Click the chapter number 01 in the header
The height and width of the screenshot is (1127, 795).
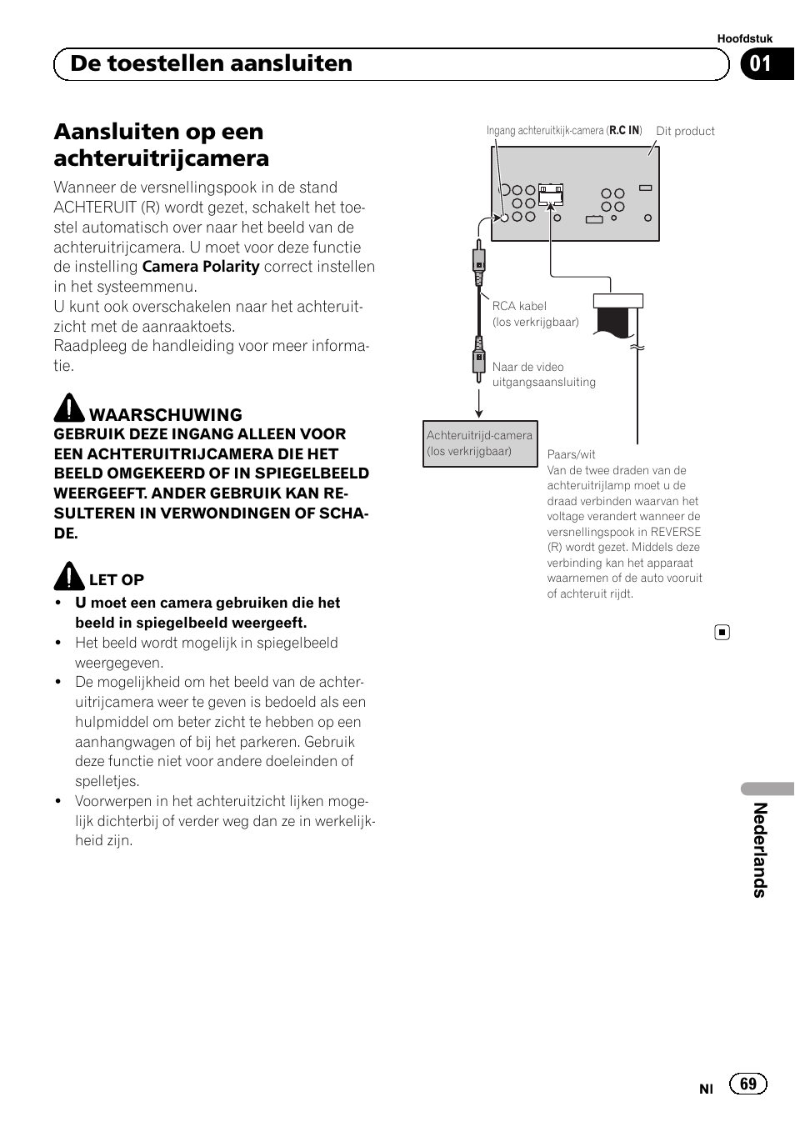760,64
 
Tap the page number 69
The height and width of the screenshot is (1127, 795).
747,1083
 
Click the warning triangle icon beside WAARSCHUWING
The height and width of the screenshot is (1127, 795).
69,408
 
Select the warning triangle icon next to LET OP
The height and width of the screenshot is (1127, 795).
69,576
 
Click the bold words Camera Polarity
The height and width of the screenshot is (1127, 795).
201,267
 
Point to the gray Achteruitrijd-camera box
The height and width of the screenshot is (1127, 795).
480,443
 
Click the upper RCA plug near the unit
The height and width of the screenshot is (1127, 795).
479,264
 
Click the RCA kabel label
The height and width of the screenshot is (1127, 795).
519,306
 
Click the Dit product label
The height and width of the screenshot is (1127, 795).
685,131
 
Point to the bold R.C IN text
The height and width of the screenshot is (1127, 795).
624,130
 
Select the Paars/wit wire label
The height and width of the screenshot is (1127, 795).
571,454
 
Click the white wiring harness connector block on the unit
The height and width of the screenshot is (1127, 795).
551,194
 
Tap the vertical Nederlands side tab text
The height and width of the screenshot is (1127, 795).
759,849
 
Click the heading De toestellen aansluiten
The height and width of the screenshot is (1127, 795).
211,64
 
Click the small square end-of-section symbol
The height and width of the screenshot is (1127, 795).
722,633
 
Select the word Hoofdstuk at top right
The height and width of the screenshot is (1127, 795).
744,38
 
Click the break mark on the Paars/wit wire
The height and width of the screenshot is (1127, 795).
637,347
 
